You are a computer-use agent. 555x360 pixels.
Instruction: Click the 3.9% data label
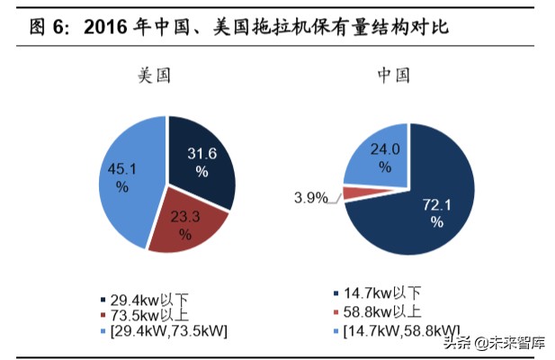(x=310, y=198)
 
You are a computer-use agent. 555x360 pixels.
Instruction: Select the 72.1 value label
(x=436, y=205)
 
